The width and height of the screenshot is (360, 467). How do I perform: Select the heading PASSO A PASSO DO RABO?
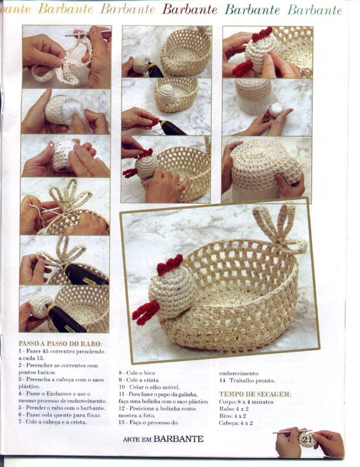(60, 344)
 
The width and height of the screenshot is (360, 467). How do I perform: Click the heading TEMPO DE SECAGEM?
(255, 394)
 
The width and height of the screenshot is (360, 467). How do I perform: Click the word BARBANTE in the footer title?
(178, 439)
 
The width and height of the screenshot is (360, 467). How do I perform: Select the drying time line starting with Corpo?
(246, 402)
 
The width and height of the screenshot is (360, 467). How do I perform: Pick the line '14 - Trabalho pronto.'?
(247, 380)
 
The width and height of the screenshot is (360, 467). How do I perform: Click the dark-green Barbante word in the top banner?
(253, 10)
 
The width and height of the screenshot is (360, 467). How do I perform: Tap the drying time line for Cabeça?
(236, 423)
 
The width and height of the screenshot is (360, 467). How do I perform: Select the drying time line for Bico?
(233, 415)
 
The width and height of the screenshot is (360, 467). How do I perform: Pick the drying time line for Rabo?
(234, 409)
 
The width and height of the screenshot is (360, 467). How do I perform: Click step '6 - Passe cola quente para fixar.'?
(59, 414)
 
